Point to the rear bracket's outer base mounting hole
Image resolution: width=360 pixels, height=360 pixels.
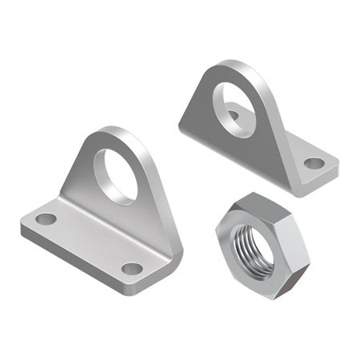pos(314,163)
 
